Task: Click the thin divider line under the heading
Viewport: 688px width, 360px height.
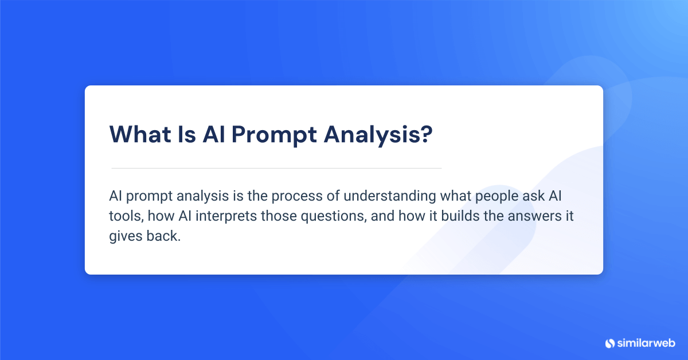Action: [276, 168]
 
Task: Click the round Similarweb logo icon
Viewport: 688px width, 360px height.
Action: [609, 343]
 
